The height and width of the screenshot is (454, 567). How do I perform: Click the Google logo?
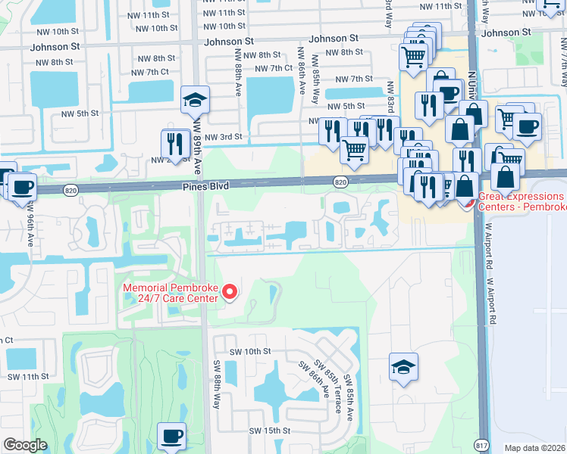coord(26,445)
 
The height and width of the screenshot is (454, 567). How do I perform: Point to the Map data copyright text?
coord(535,448)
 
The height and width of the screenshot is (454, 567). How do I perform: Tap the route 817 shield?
coord(480,446)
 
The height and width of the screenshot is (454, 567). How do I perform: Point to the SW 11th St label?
coord(27,376)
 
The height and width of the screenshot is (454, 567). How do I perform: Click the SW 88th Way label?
coord(216,384)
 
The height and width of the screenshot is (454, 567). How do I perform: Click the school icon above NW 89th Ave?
coord(195,100)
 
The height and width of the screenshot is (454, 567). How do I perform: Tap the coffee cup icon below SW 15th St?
coord(171,435)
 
